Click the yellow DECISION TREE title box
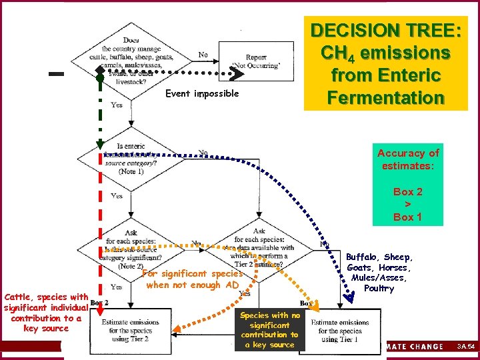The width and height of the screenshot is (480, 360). pos(385,64)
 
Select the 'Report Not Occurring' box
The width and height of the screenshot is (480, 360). pos(256,62)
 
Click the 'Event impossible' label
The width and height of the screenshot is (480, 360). pos(203,94)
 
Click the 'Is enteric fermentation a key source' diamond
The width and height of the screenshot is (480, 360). pos(131,158)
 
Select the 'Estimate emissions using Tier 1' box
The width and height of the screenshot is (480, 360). pos(340,330)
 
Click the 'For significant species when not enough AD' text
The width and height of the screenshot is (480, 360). pos(192,279)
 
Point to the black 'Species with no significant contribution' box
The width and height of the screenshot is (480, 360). pos(269,329)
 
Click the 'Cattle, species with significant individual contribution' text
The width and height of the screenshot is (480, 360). pos(45,312)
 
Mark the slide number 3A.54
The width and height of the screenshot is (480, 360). pos(465,347)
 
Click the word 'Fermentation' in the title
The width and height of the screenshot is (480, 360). pos(385,97)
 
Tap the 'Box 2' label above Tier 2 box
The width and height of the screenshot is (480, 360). pos(99,301)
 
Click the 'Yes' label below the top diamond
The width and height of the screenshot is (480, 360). pos(117,105)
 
